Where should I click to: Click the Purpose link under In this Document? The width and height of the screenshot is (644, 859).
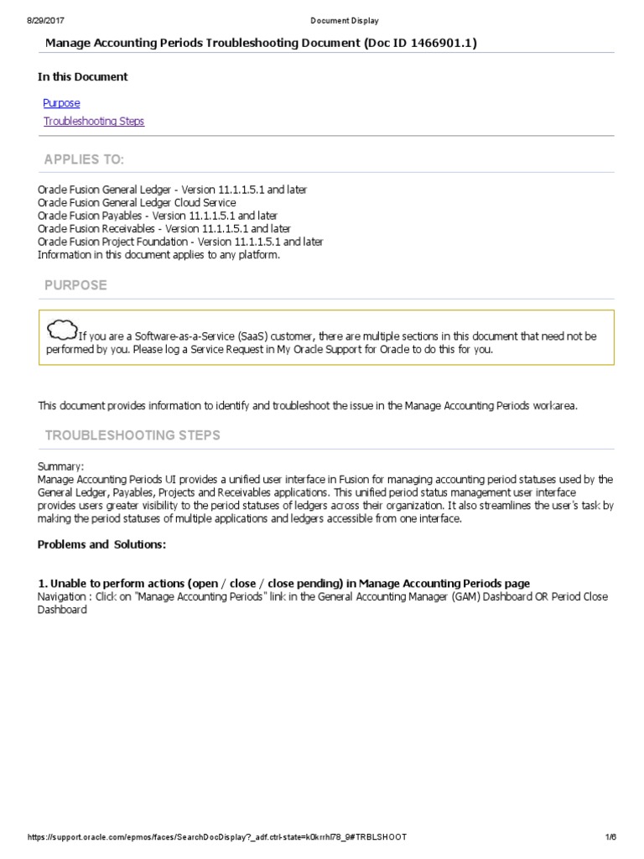(x=61, y=103)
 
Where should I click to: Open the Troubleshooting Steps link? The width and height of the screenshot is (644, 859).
(x=93, y=122)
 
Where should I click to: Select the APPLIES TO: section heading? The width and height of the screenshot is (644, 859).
(x=84, y=160)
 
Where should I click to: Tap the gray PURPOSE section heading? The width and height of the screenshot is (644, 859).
(x=75, y=285)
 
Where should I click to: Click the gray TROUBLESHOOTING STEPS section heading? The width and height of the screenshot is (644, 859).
(x=132, y=435)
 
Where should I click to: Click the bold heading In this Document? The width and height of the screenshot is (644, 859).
(x=83, y=77)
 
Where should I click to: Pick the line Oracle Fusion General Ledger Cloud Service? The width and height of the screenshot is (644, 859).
(x=137, y=203)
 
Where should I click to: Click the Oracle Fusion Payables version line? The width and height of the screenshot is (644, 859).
(x=158, y=216)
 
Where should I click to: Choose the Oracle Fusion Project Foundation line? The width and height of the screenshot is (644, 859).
(x=180, y=242)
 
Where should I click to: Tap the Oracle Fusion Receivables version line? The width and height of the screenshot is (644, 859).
(x=164, y=228)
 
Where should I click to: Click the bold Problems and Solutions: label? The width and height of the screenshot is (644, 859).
(x=101, y=544)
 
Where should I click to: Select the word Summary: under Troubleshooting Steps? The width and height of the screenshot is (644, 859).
(x=61, y=466)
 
